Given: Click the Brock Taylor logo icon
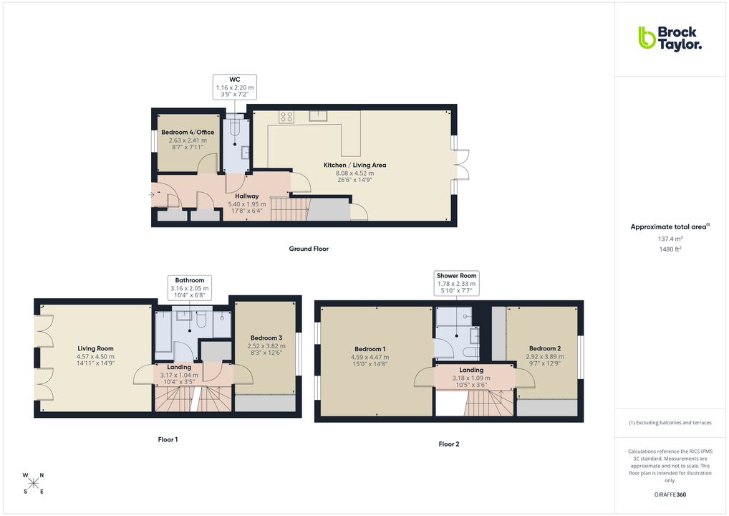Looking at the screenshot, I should click(x=647, y=37).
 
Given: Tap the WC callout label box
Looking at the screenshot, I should click(x=234, y=87).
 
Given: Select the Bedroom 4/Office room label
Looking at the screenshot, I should click(x=188, y=132).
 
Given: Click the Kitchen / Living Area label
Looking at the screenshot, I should click(x=354, y=165).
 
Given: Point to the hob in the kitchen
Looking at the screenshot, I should click(x=286, y=116).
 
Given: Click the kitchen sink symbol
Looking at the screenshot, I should click(x=318, y=115).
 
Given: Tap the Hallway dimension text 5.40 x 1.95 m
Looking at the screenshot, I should click(x=247, y=204).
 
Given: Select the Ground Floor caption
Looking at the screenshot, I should click(x=309, y=249).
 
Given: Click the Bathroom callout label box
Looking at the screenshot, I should click(x=190, y=287).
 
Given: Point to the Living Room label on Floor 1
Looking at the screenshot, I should click(x=96, y=348).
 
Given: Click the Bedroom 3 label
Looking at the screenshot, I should click(x=266, y=338).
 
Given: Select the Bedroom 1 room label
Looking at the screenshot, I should click(x=370, y=349).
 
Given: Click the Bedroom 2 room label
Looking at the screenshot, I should click(x=544, y=348).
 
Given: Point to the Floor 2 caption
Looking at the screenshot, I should click(x=449, y=444).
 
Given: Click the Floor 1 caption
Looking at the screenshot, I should click(x=168, y=439).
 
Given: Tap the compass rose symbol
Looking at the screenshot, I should click(x=34, y=483).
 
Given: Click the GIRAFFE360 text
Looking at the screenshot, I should click(x=670, y=494).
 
